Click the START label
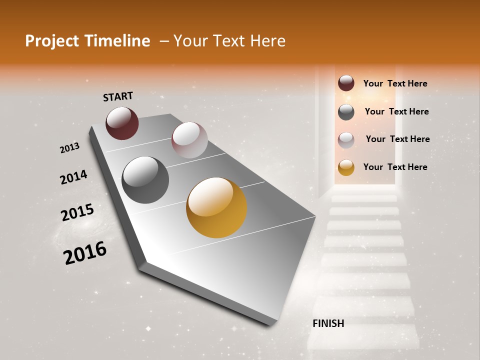[118, 96]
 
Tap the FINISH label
[328, 323]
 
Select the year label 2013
[69, 148]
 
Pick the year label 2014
[73, 177]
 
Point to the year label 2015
[77, 212]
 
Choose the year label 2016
[85, 253]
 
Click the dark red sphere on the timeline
[122, 123]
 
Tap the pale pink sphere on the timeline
[189, 140]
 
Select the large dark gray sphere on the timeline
[145, 180]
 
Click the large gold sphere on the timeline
[216, 207]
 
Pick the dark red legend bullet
[346, 83]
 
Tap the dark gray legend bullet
[346, 112]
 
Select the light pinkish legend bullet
[346, 139]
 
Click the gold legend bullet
[346, 167]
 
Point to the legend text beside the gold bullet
[395, 167]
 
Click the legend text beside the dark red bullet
[395, 83]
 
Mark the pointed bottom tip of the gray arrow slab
[270, 324]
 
